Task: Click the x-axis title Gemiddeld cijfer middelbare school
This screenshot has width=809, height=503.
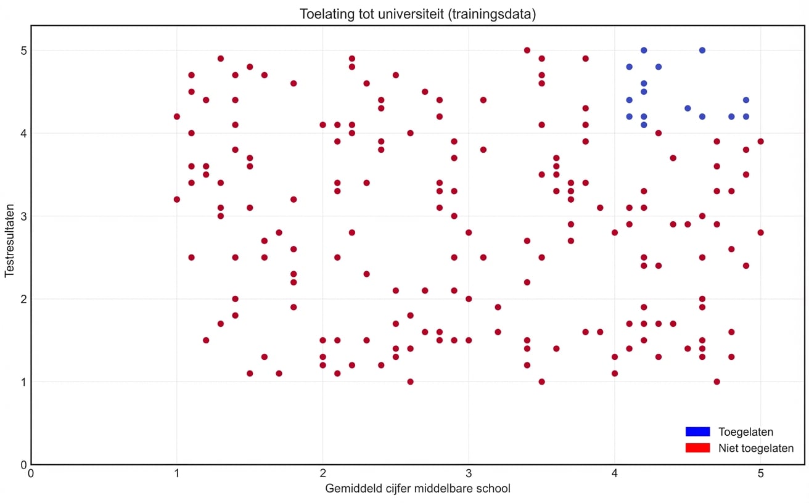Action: pyautogui.click(x=417, y=489)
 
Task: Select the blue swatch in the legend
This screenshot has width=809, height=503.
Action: pyautogui.click(x=697, y=431)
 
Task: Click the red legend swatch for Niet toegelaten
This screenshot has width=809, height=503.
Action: pyautogui.click(x=697, y=448)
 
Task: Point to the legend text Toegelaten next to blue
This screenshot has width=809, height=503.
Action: pyautogui.click(x=745, y=431)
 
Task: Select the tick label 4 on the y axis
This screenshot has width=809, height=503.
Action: pyautogui.click(x=23, y=133)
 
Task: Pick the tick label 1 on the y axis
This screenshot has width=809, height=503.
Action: pyautogui.click(x=23, y=382)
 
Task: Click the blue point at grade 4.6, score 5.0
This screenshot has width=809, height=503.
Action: pyautogui.click(x=702, y=50)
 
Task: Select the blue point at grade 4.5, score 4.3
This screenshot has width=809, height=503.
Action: pyautogui.click(x=688, y=108)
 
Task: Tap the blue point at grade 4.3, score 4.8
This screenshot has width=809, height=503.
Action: pyautogui.click(x=658, y=67)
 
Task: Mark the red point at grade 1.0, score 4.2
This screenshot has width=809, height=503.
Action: pyautogui.click(x=177, y=117)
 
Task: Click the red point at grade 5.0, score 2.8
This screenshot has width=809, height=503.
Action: pyautogui.click(x=760, y=232)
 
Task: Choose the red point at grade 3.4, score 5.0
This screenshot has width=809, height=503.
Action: pyautogui.click(x=527, y=50)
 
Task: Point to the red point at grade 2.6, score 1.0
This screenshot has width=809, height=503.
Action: pyautogui.click(x=410, y=382)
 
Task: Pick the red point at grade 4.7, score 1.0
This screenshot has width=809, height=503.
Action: pyautogui.click(x=717, y=382)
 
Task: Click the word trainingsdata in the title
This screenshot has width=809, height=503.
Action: pyautogui.click(x=485, y=14)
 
